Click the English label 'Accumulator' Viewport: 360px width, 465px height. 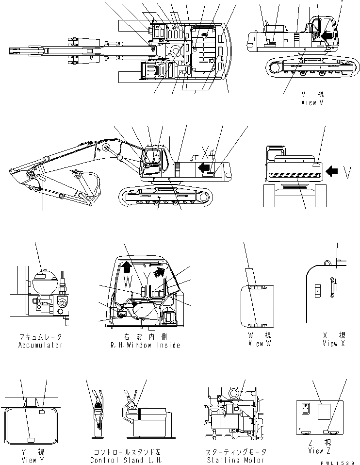click(40, 345)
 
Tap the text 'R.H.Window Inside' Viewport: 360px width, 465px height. click(145, 345)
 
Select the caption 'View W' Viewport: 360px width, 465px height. click(259, 344)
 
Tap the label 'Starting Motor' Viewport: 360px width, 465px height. click(235, 460)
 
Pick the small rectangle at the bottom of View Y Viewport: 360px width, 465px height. click(31, 440)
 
